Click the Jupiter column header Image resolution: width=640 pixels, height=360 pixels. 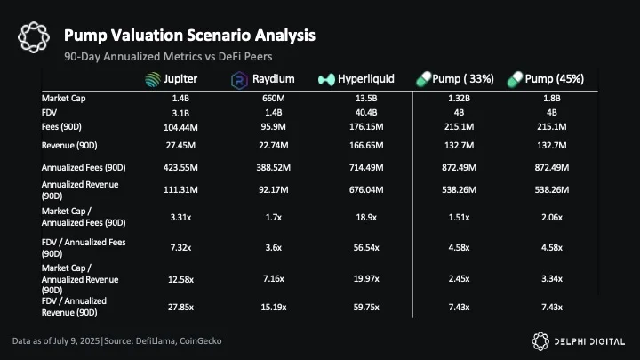[172, 79]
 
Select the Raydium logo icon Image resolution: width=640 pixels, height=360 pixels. [239, 80]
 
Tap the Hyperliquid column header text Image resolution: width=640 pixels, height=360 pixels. [366, 79]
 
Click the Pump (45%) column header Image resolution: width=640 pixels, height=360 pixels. [545, 79]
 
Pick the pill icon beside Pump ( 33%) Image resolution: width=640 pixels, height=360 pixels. [423, 79]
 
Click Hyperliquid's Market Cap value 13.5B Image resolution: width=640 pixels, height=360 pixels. [366, 99]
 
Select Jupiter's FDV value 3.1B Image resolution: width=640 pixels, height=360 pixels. [180, 113]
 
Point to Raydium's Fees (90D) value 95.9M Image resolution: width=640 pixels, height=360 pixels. [274, 127]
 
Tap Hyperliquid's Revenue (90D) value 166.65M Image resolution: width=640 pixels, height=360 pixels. [366, 145]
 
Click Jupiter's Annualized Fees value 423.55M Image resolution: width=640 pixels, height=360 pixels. [180, 168]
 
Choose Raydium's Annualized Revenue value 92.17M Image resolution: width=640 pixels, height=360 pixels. [274, 190]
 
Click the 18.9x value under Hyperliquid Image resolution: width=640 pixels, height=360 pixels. [366, 218]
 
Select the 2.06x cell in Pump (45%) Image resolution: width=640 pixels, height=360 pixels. [552, 218]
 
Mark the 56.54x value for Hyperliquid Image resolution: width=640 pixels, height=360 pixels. [366, 248]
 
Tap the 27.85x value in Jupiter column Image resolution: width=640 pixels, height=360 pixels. [180, 307]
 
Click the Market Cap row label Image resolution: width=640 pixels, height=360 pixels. [64, 99]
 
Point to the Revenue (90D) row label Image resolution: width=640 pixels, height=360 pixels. [69, 145]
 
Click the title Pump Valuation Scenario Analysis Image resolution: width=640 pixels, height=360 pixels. [190, 36]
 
